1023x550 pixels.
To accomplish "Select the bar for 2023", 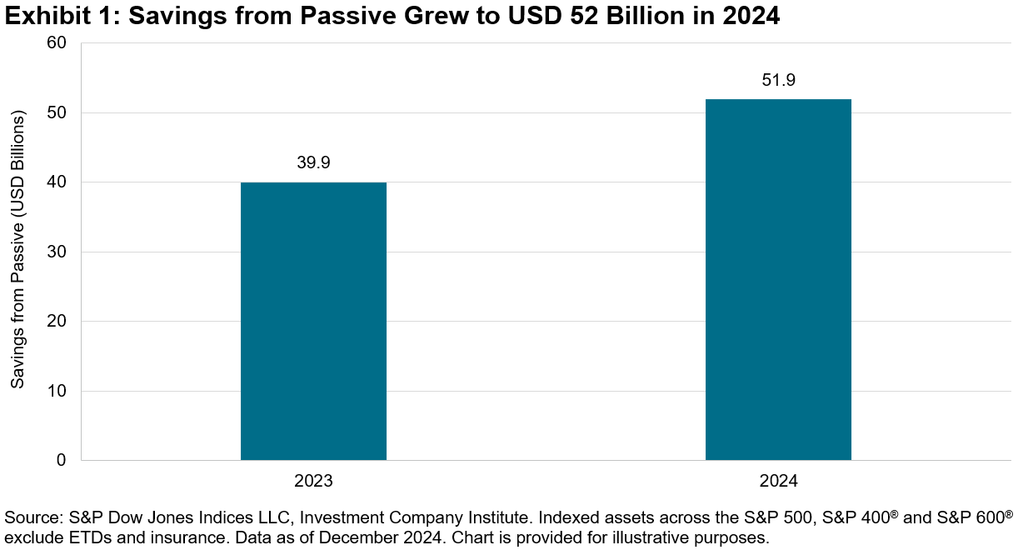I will pyautogui.click(x=313, y=321).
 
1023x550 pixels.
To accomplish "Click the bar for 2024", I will pyautogui.click(x=778, y=279).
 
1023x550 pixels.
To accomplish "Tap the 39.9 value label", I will pyautogui.click(x=313, y=163).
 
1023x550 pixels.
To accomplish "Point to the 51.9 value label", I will pyautogui.click(x=778, y=80).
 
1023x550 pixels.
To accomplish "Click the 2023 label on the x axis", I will pyautogui.click(x=313, y=482).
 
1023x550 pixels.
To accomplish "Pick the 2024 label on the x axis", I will pyautogui.click(x=778, y=482).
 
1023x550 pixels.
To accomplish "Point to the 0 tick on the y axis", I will pyautogui.click(x=62, y=460).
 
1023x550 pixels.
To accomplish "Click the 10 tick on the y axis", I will pyautogui.click(x=57, y=391).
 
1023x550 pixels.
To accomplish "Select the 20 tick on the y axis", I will pyautogui.click(x=57, y=321).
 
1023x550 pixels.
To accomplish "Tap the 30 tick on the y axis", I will pyautogui.click(x=57, y=252).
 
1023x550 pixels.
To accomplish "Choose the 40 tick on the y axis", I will pyautogui.click(x=57, y=182).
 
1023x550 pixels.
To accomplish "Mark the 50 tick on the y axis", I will pyautogui.click(x=57, y=112).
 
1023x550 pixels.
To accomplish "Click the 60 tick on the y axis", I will pyautogui.click(x=57, y=43).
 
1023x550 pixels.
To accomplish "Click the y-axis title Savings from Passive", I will pyautogui.click(x=17, y=250).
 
